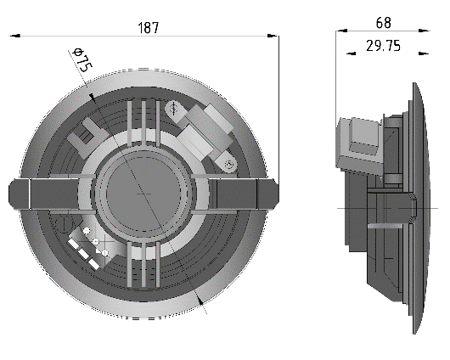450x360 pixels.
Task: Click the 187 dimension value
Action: click(x=148, y=28)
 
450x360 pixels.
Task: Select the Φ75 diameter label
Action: click(x=82, y=59)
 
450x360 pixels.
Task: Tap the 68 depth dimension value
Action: click(x=384, y=23)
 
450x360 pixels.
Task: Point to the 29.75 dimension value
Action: click(x=383, y=46)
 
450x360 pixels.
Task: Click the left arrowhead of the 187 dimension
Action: click(x=15, y=36)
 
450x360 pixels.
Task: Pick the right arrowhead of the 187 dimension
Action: click(x=273, y=36)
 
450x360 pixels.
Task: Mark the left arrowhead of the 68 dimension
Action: click(x=341, y=31)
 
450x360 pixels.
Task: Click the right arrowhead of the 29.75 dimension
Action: click(x=424, y=53)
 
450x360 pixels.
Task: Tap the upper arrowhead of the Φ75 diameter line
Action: click(x=92, y=98)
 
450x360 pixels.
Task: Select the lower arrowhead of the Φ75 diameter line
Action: click(x=200, y=300)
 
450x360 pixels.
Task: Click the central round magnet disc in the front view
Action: click(x=143, y=194)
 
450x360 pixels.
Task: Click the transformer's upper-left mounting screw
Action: click(x=173, y=109)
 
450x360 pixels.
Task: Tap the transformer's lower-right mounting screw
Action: click(x=228, y=165)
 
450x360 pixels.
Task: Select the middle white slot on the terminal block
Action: click(x=83, y=253)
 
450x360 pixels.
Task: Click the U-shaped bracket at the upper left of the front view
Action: click(x=82, y=134)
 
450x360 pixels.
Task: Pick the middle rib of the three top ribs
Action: click(x=143, y=123)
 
